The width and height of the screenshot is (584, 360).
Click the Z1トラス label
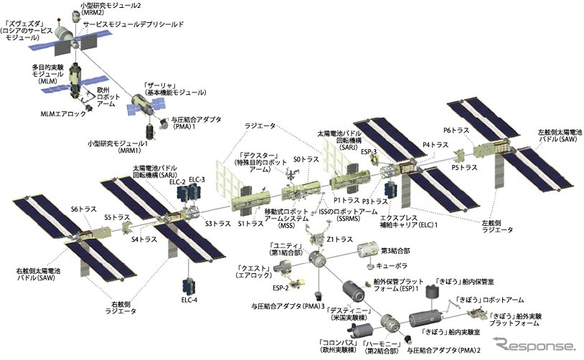pyautogui.click(x=339, y=239)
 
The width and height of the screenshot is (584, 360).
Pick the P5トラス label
pyautogui.click(x=463, y=167)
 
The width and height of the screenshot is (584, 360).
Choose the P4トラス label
pyautogui.click(x=435, y=145)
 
